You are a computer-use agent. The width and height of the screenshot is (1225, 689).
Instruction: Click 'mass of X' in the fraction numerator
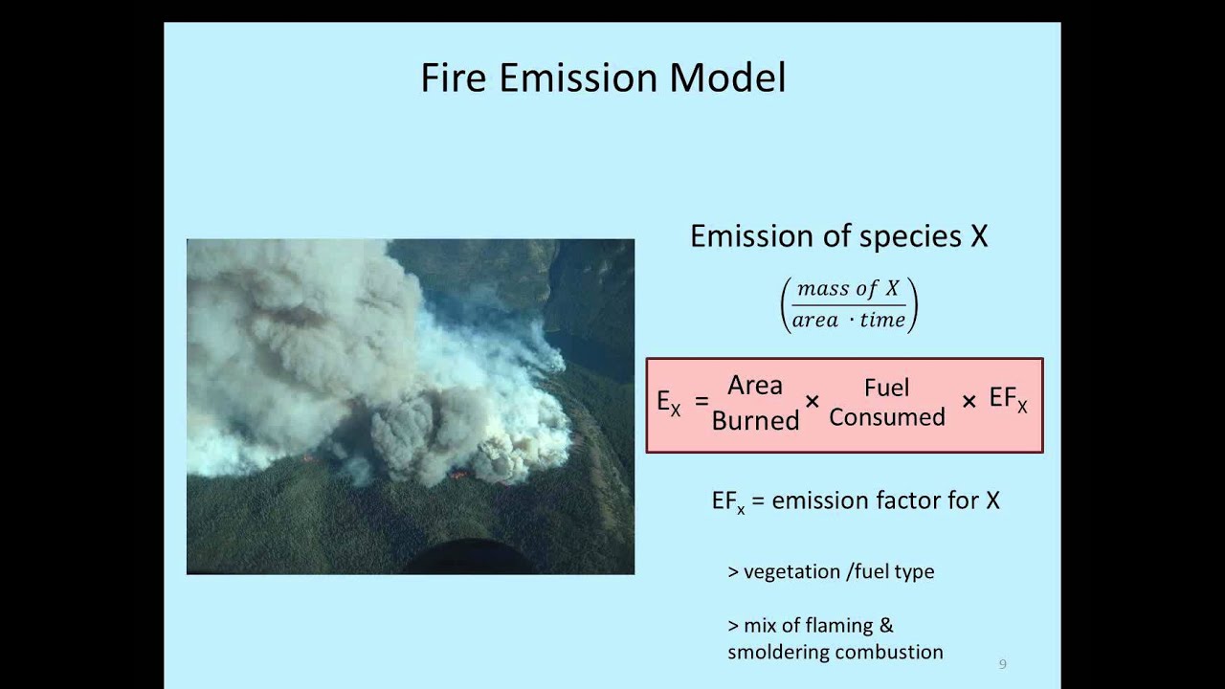pos(848,289)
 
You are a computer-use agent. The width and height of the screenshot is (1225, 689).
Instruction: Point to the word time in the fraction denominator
pos(882,321)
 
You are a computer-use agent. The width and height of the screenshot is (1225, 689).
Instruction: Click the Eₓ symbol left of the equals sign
pos(668,402)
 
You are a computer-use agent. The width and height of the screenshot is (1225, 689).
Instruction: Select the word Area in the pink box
pos(755,385)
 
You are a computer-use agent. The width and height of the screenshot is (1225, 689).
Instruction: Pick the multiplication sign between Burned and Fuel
pos(813,402)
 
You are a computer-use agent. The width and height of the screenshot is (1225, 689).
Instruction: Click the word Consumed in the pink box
pos(887,417)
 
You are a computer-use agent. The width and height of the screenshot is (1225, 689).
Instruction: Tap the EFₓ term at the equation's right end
pos(1009,400)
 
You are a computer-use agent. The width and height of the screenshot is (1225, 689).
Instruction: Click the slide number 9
pos(1002,664)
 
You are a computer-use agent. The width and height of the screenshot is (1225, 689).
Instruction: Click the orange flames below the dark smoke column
pos(460,474)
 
